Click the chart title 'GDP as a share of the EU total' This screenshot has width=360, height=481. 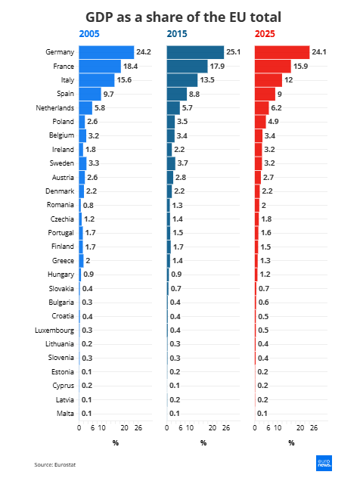coord(183,17)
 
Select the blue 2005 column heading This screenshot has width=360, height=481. coord(89,34)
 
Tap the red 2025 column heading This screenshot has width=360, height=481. coord(265,34)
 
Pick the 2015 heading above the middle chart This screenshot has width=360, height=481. coord(177,34)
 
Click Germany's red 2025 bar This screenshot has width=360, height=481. coord(282,52)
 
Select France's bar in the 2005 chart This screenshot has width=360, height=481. coord(100,67)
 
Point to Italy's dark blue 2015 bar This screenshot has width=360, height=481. coord(182,80)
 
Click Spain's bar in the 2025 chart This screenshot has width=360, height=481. coord(265,94)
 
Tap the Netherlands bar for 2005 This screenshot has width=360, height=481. coord(85,108)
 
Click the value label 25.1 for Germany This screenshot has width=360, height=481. coord(234,52)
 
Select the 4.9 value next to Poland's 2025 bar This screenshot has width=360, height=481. coord(273,122)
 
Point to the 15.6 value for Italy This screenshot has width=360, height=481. coord(124,80)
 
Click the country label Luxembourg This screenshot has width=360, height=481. coord(54,330)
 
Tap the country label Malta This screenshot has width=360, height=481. coord(65,414)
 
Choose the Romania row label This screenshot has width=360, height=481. coord(61,205)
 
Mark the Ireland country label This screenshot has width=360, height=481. coord(64,150)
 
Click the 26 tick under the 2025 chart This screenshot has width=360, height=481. coord(314,428)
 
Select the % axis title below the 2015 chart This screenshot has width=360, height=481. coord(203,442)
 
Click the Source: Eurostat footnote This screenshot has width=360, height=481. coord(55,465)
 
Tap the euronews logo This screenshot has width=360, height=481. coord(324,463)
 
